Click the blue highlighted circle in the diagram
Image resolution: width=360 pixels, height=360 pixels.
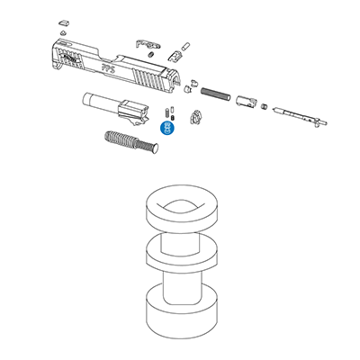point(166,127)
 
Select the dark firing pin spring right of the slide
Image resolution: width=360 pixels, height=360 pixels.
point(215,93)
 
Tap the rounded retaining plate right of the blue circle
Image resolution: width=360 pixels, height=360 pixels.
point(195,118)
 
